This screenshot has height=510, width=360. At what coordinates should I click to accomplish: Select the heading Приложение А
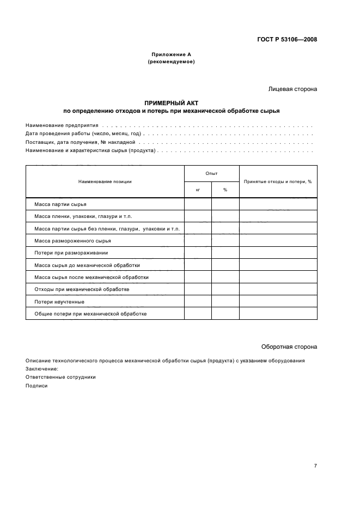click(171, 54)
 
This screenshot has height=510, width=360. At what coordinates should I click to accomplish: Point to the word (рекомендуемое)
click(171, 62)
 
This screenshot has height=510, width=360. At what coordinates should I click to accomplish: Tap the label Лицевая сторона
click(292, 89)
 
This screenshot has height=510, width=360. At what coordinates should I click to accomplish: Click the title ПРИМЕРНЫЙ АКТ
click(171, 103)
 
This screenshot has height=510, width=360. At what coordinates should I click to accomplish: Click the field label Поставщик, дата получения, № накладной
click(80, 142)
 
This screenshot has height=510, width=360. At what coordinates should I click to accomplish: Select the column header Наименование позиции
click(105, 181)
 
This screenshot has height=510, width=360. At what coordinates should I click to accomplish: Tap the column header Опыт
click(211, 173)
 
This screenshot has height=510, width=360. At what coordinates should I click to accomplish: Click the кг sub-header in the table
click(198, 190)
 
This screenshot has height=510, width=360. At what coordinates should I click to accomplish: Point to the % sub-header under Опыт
click(225, 190)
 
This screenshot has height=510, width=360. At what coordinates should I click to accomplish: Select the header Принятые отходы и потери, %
click(278, 181)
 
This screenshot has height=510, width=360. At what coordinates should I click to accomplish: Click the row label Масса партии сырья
click(58, 204)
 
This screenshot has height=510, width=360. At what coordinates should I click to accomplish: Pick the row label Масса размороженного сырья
click(72, 240)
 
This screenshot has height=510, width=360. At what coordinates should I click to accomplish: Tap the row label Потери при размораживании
click(71, 253)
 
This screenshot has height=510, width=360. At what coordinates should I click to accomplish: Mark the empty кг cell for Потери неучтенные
click(198, 301)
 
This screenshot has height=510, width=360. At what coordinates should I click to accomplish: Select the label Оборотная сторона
click(289, 347)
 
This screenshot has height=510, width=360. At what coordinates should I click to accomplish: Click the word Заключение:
click(41, 368)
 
